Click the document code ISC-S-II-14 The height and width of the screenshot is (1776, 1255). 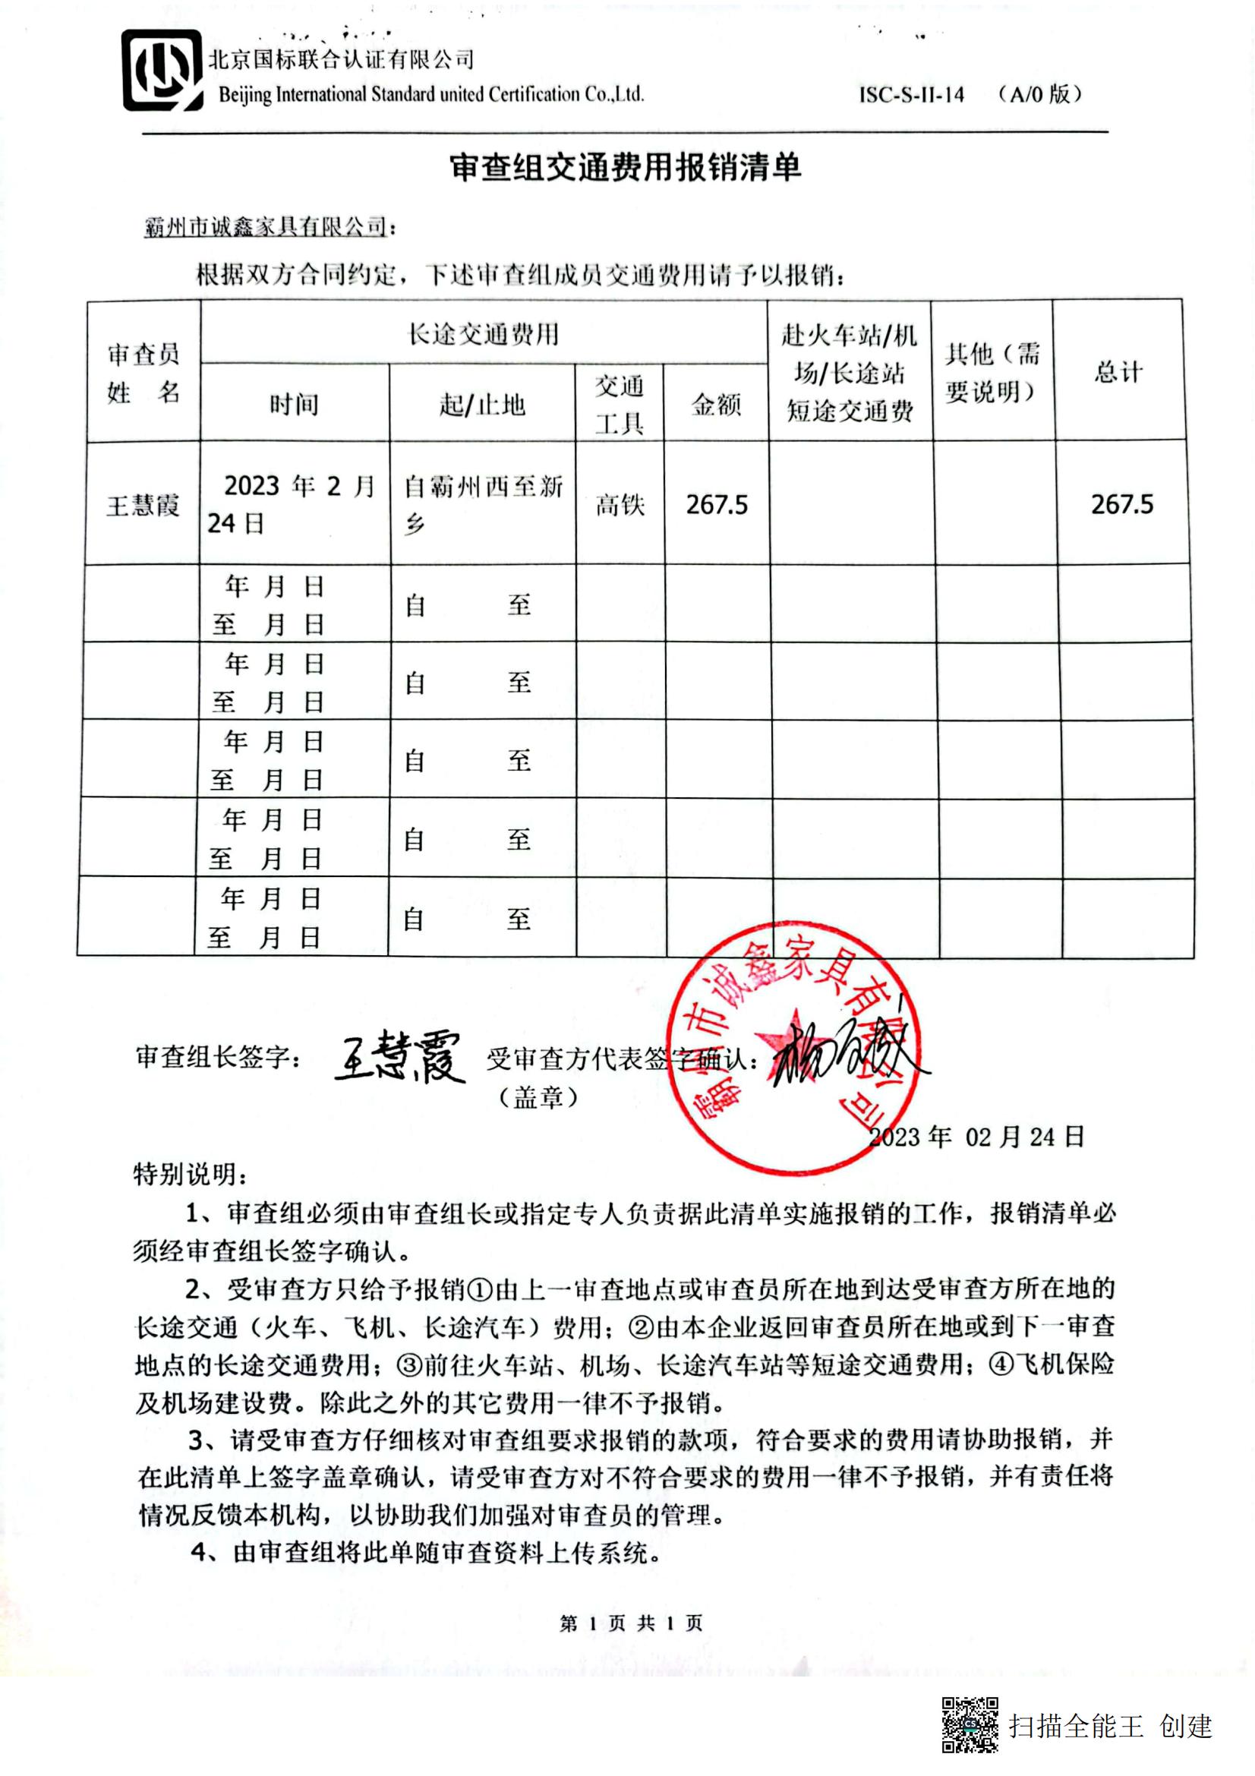(912, 95)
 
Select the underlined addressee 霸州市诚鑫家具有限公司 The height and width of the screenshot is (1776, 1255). (265, 226)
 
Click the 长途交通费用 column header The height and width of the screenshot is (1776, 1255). (484, 334)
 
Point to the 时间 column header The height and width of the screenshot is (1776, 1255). (294, 404)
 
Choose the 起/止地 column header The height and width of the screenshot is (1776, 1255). (483, 404)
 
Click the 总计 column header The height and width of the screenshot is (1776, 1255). (1118, 371)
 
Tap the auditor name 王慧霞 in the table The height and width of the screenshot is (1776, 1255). (143, 506)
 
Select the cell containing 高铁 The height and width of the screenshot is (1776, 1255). (620, 505)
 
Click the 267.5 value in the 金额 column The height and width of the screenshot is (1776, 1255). (717, 505)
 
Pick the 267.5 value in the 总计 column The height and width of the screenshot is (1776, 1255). (1122, 505)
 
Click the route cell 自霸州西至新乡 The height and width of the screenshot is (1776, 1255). (484, 504)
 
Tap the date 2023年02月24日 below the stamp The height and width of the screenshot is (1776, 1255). (976, 1137)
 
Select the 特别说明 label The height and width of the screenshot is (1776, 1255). (191, 1174)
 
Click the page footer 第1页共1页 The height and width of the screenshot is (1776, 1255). (631, 1623)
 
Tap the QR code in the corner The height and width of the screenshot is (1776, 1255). (970, 1724)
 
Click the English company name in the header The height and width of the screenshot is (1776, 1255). (430, 94)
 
